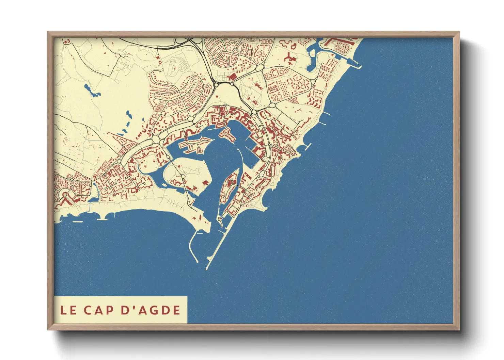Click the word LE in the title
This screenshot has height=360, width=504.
[68, 310]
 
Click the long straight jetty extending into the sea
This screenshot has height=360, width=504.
[218, 245]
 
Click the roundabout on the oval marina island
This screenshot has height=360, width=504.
[183, 176]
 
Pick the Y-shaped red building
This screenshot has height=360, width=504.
[289, 57]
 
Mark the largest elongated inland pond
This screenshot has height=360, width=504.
[91, 90]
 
